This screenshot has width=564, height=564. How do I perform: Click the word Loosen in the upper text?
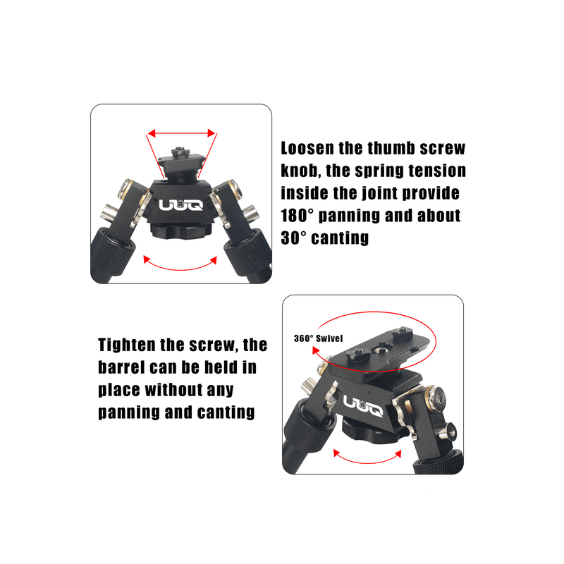pyautogui.click(x=307, y=148)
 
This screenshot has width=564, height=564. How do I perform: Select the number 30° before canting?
pyautogui.click(x=293, y=238)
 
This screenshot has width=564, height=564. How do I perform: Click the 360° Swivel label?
pyautogui.click(x=318, y=338)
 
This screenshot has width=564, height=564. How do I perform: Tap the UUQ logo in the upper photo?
pyautogui.click(x=181, y=205)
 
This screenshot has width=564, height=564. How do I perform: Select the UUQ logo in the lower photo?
pyautogui.click(x=362, y=406)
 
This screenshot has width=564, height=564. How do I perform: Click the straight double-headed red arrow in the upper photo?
pyautogui.click(x=182, y=133)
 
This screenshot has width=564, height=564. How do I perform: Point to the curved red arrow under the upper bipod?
pyautogui.click(x=180, y=267)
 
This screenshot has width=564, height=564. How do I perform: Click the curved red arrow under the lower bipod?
pyautogui.click(x=367, y=461)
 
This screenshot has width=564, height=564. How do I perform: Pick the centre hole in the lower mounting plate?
pyautogui.click(x=380, y=348)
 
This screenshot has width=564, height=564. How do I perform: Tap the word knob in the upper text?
pyautogui.click(x=301, y=171)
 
